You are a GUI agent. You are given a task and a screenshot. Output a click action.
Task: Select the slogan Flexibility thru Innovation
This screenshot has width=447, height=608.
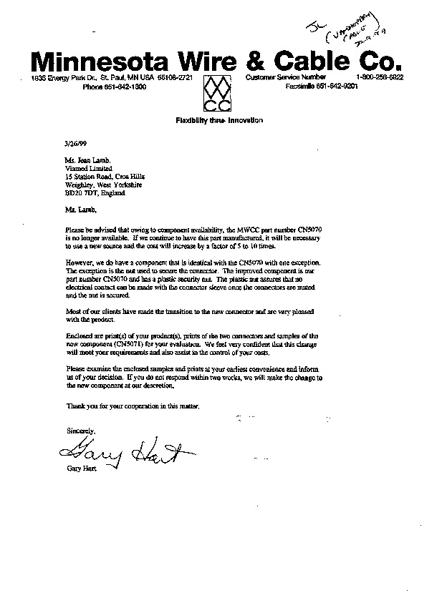(x=219, y=120)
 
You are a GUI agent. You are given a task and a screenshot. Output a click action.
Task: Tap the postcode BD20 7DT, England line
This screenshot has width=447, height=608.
(x=95, y=192)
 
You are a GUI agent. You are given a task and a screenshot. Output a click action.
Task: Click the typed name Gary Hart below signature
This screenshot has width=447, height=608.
(x=80, y=470)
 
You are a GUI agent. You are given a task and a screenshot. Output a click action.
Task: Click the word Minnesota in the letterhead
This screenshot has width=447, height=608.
(x=108, y=60)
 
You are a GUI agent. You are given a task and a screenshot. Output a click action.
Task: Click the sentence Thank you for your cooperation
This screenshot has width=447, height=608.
(x=128, y=406)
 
